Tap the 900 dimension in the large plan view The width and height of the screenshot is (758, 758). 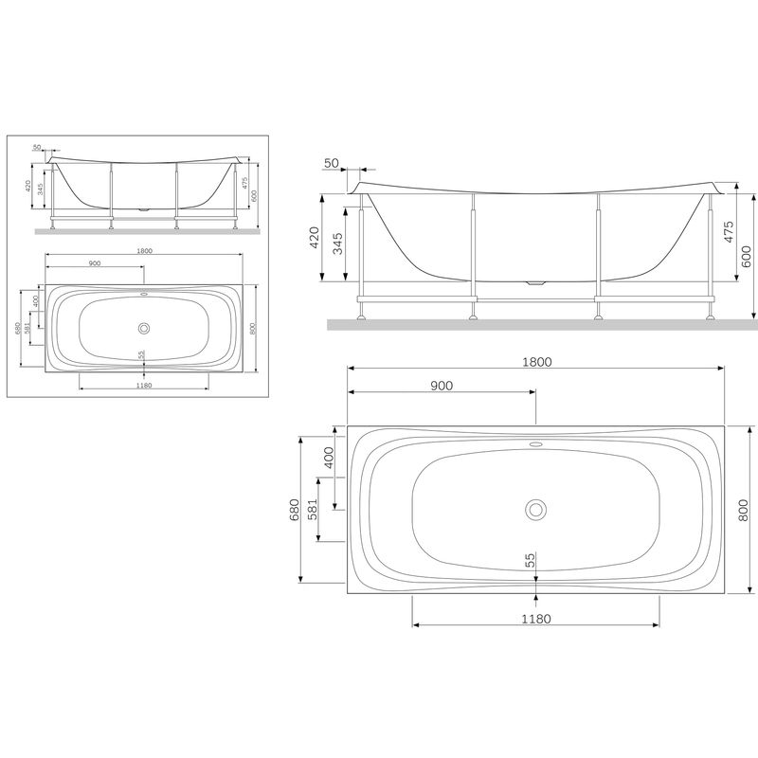pos(442,386)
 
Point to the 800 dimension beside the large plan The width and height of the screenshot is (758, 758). pos(743,511)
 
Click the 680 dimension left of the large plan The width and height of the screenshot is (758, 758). pos(294,511)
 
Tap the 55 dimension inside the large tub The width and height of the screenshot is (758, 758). pos(530,561)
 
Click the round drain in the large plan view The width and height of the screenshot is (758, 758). pos(536,509)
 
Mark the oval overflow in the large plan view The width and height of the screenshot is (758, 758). pos(536,442)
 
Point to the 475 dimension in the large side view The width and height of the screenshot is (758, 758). pos(729,233)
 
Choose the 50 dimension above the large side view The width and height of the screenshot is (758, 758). pos(332,164)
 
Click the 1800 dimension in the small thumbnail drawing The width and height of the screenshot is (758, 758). pos(144,251)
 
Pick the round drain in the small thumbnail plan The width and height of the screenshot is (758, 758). pos(144,327)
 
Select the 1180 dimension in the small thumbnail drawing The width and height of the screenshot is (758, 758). pos(144,386)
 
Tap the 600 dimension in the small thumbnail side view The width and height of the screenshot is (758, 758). pos(254,196)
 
